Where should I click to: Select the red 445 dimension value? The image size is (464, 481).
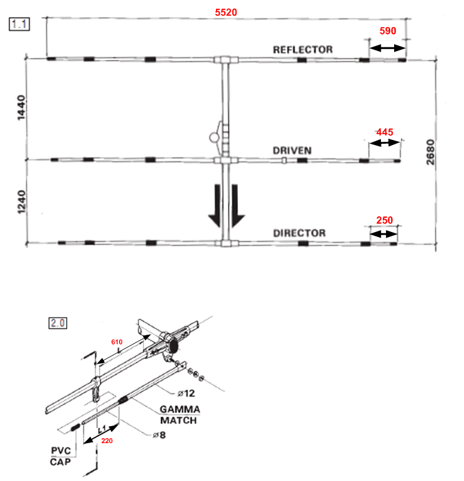tap(385, 132)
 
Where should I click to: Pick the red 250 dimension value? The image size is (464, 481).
tap(384, 220)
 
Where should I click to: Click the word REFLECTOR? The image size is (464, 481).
tap(303, 49)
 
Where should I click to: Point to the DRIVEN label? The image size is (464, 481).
tap(292, 151)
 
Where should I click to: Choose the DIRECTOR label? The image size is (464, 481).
tap(300, 233)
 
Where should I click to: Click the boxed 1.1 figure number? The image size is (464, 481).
tap(17, 25)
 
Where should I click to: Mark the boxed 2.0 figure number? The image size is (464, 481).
tap(58, 323)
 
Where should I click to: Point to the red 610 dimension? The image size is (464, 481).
tap(117, 341)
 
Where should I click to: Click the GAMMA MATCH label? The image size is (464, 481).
tap(179, 415)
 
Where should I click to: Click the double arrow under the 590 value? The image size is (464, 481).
tap(387, 48)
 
